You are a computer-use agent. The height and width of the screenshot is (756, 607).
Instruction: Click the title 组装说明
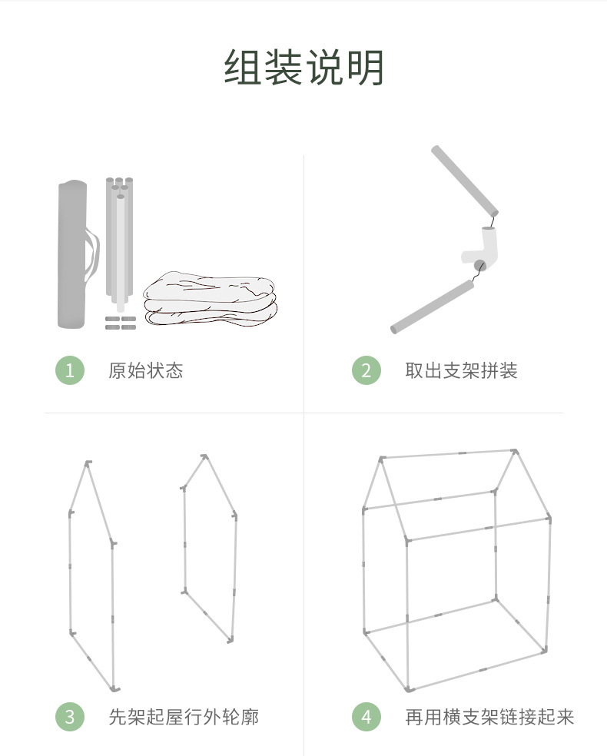pos(303,67)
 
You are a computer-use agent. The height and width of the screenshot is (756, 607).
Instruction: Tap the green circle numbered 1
pos(70,370)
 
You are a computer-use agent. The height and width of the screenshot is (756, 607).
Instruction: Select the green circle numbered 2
pos(367,370)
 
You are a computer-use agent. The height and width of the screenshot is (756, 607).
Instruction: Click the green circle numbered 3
pos(70,717)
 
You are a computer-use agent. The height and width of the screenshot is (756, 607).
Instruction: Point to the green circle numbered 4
pos(367,717)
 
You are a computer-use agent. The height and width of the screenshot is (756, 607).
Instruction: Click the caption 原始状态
pos(145,370)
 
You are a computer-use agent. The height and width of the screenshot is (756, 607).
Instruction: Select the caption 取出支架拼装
pos(461,370)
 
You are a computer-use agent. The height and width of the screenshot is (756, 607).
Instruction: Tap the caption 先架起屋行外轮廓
pos(184,717)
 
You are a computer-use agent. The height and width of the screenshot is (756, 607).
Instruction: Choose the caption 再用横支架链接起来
pos(489,717)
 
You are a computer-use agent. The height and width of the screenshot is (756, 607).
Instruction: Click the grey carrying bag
pos(72,254)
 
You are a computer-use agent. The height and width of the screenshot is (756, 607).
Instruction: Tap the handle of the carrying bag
pos(93,254)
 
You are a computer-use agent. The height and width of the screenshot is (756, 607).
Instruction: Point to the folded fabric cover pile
pos(211,298)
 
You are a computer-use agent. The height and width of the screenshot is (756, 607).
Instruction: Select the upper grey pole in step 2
pos(465,181)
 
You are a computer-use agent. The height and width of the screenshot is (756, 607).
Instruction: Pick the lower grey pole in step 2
pos(432,307)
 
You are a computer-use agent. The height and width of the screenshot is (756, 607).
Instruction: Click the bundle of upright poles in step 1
pos(119,244)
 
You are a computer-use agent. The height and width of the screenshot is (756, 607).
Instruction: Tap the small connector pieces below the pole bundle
pos(121,323)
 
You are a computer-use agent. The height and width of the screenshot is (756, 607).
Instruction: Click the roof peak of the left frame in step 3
pos(88,464)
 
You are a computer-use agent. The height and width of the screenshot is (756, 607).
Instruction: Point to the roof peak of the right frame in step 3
pos(205,456)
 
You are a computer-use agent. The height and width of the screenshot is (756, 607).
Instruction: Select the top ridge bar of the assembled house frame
pos(448,454)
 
